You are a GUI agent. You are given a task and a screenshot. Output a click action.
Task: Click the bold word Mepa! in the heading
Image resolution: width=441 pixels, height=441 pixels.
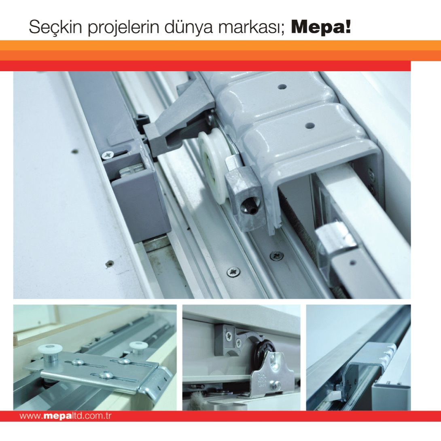[x=321, y=27]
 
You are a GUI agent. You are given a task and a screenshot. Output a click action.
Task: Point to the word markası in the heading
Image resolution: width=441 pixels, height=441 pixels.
[x=246, y=28]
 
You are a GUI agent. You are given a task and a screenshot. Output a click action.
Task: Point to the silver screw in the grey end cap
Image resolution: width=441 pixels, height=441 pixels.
[x=108, y=155]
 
